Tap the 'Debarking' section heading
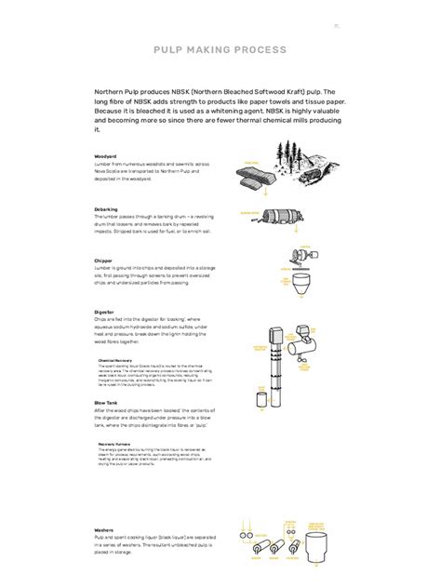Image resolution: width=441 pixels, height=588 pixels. click(x=107, y=209)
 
